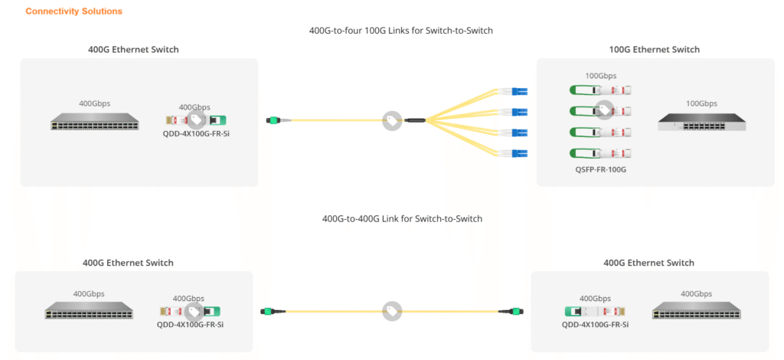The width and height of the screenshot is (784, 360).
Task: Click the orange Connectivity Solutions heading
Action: pos(73,11)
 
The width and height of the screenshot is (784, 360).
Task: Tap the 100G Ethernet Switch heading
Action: pos(653,50)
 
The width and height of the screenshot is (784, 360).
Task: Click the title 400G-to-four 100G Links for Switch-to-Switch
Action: pos(395,31)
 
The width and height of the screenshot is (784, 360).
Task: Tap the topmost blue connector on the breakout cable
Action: pos(519,92)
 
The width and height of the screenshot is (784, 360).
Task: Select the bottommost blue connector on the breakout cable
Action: pos(519,152)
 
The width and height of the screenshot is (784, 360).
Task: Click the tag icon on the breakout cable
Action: pos(392,120)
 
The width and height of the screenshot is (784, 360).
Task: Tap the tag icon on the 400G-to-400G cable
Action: pos(392,311)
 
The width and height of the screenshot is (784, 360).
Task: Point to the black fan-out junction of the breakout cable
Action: pos(415,120)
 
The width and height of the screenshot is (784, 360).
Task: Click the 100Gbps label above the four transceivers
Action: pos(600,76)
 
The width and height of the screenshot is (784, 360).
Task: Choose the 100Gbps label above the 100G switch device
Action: pos(701,103)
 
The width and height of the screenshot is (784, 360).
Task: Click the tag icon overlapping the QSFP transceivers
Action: pos(605,110)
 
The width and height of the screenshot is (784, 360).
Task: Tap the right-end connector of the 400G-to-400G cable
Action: pos(506,311)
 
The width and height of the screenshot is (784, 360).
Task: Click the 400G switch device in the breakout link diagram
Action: pos(95,123)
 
